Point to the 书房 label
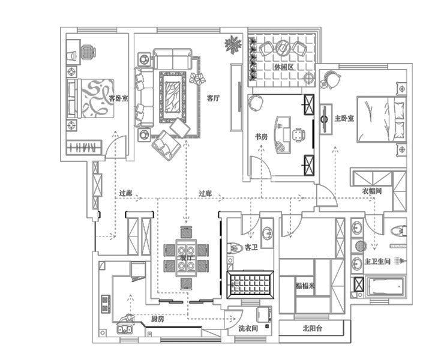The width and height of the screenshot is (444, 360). (262, 137)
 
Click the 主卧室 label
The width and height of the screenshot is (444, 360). (344, 118)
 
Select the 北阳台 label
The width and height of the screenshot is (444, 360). (312, 328)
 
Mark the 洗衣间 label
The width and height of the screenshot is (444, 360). (247, 329)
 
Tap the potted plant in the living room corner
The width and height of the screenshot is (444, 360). (231, 44)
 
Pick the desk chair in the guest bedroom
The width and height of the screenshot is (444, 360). (88, 52)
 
